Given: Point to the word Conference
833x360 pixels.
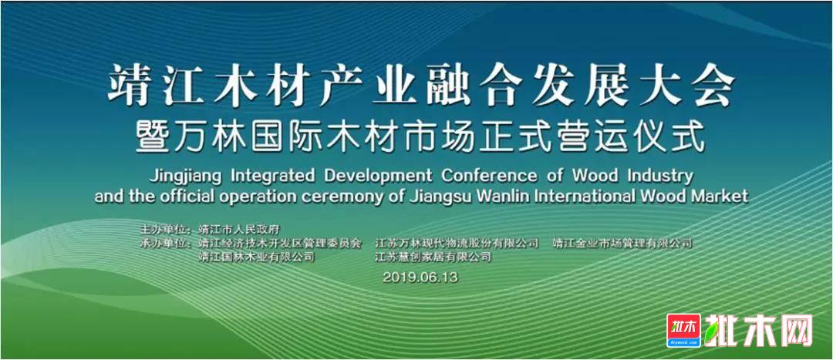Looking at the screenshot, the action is (x=490, y=175).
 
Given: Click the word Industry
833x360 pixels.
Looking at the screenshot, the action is (x=660, y=175).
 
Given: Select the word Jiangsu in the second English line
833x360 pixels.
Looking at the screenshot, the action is (x=439, y=197).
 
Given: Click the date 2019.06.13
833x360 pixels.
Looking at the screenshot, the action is (x=420, y=277).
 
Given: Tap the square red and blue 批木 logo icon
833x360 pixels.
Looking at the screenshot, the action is (x=683, y=331).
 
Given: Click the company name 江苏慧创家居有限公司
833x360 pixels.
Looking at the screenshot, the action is (x=433, y=257).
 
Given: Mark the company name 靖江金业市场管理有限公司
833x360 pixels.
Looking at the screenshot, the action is (x=622, y=244).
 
